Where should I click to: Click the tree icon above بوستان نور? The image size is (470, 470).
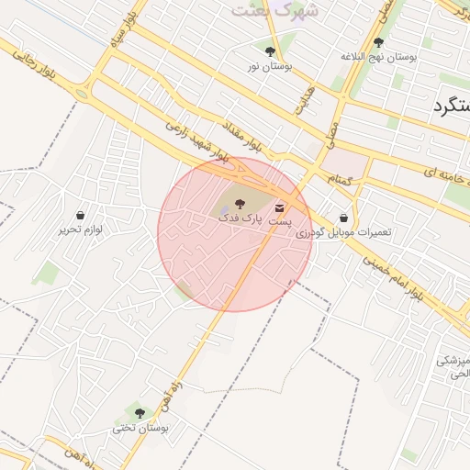(270, 51)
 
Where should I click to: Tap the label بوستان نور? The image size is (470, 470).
(270, 67)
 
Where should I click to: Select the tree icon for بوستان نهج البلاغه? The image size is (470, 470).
(378, 42)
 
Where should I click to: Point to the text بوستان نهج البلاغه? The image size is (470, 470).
(378, 57)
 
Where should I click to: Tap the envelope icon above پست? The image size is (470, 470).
(279, 208)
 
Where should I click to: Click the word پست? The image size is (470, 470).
(280, 222)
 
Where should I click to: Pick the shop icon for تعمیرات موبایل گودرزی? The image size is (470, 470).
(343, 218)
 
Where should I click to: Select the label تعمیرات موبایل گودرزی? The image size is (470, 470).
(343, 233)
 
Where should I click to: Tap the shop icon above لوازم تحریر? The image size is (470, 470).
(81, 215)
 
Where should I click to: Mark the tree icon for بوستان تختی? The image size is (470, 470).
(140, 413)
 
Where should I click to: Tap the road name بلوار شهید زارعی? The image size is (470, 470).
(194, 141)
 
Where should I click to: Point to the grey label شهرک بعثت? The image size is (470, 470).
(262, 10)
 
